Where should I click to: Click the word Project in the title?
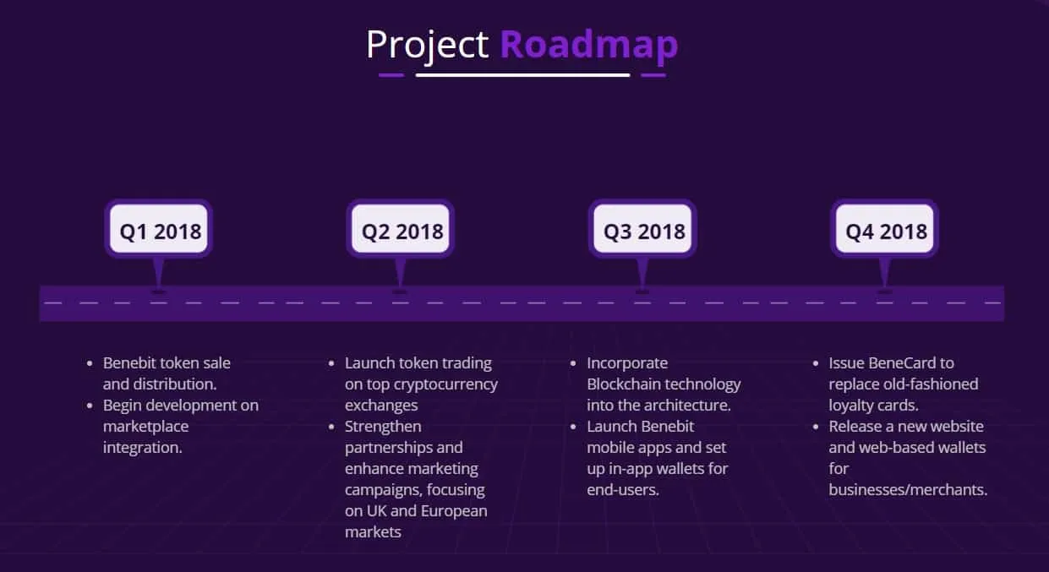pos(427,46)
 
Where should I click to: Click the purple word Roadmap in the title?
pos(589,46)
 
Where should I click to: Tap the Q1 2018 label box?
pos(159,228)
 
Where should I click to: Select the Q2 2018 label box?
pos(401,228)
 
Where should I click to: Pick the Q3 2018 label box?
pos(643,228)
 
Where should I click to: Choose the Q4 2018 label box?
pos(885,228)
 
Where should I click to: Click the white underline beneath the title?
pos(522,75)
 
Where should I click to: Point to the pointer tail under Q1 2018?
pos(159,275)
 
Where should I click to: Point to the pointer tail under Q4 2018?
pos(885,275)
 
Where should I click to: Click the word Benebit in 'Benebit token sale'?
pos(129,362)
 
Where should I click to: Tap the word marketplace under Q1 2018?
pos(145,427)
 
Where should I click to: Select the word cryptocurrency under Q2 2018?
pos(445,384)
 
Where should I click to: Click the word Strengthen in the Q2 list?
pos(383,427)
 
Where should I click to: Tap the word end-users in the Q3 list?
pos(623,489)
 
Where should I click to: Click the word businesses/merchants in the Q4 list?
pos(908,489)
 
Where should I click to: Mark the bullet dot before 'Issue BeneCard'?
pos(816,363)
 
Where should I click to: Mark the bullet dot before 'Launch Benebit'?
pos(573,427)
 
